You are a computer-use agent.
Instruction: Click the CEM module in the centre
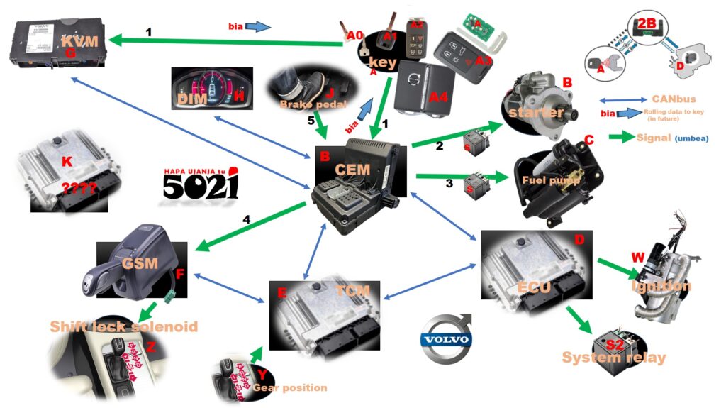(x=359, y=177)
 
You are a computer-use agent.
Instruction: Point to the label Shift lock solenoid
(x=123, y=326)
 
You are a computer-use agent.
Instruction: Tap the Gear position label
(x=290, y=387)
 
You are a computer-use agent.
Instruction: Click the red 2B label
(x=647, y=23)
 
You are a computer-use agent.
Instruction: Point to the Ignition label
(x=661, y=286)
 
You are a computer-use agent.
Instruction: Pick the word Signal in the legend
(x=653, y=138)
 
